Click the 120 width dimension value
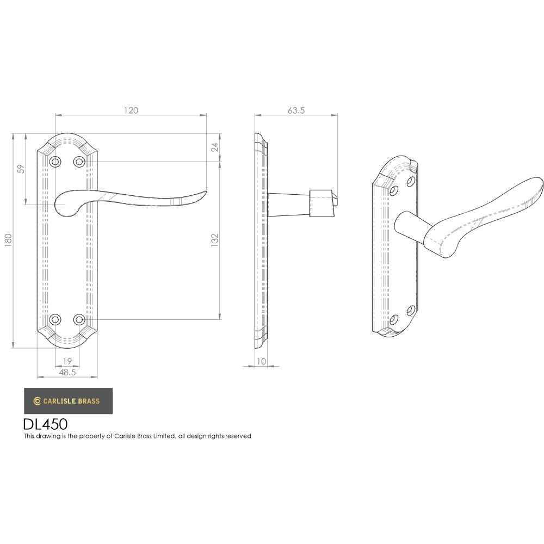pyautogui.click(x=131, y=110)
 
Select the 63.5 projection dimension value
pyautogui.click(x=295, y=110)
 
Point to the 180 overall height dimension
pyautogui.click(x=8, y=240)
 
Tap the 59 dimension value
pyautogui.click(x=21, y=169)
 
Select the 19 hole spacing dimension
pyautogui.click(x=67, y=361)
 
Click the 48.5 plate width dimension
pyautogui.click(x=67, y=372)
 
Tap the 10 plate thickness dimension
pyautogui.click(x=262, y=361)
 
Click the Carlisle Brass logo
pyautogui.click(x=68, y=401)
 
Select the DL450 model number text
pyautogui.click(x=45, y=424)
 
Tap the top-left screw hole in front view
pyautogui.click(x=55, y=162)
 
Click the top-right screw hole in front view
pyautogui.click(x=79, y=162)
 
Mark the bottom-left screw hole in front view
pyautogui.click(x=55, y=319)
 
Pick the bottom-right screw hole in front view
pyautogui.click(x=79, y=319)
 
